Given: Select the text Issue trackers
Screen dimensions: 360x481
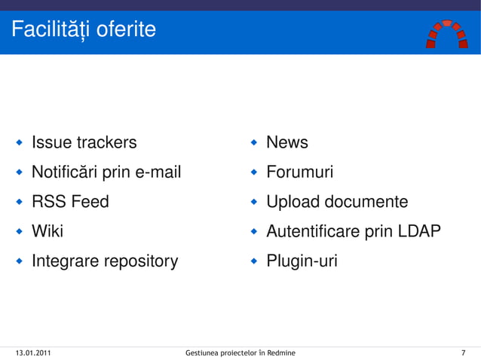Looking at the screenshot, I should (84, 142).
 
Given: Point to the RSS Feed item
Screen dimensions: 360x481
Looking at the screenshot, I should (70, 202).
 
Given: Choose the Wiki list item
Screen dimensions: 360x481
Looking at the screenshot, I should (47, 231).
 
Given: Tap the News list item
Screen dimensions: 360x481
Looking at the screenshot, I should (287, 142).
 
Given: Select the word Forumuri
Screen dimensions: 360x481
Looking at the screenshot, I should (299, 172).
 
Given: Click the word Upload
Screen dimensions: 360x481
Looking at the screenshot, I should (293, 202).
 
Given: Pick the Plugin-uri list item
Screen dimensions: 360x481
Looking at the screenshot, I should (302, 261).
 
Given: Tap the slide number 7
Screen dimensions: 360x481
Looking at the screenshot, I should (462, 352).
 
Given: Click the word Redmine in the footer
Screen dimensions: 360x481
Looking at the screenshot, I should (280, 352).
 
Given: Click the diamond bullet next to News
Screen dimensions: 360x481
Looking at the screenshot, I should (254, 142).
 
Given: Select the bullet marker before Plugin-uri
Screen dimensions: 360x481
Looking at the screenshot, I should (254, 261).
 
